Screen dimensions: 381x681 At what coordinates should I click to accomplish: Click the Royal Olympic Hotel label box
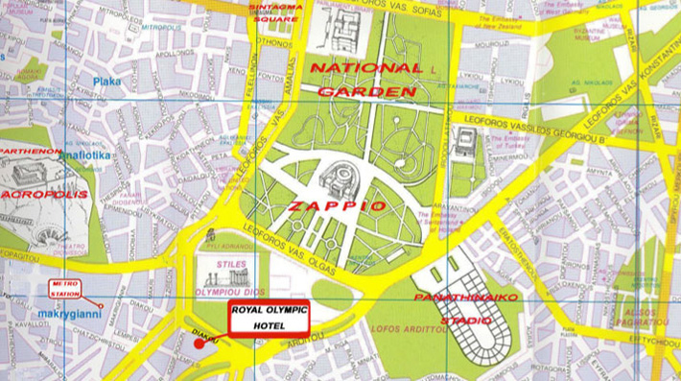[270, 318]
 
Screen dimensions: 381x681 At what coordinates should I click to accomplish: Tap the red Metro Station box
[65, 288]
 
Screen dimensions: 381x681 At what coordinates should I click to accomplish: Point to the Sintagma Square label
[275, 12]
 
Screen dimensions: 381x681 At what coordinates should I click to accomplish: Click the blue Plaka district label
[107, 82]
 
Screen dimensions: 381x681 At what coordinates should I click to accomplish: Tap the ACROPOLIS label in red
[45, 194]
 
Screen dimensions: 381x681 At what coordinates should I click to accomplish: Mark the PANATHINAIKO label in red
[466, 298]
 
